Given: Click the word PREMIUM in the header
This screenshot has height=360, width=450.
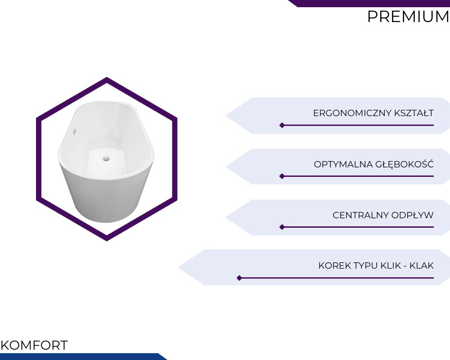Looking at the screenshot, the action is pyautogui.click(x=408, y=16).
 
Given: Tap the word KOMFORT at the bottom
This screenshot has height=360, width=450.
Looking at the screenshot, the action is pyautogui.click(x=34, y=345).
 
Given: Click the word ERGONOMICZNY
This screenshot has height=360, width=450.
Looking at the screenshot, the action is pyautogui.click(x=352, y=113).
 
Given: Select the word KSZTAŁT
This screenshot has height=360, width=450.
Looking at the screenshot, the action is pyautogui.click(x=414, y=113).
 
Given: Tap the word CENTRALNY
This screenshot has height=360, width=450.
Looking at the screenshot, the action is pyautogui.click(x=361, y=215).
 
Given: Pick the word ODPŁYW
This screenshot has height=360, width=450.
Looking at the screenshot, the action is pyautogui.click(x=412, y=215).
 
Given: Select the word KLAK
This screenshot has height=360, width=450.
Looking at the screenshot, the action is pyautogui.click(x=422, y=265).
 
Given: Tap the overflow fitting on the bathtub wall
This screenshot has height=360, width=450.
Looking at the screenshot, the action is pyautogui.click(x=75, y=131).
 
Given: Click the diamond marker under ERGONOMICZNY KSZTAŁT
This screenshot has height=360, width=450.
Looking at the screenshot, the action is pyautogui.click(x=282, y=125).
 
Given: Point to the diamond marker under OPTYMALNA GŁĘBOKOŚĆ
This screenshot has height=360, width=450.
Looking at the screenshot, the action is pyautogui.click(x=282, y=176).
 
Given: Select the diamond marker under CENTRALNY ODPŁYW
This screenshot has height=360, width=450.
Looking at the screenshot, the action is pyautogui.click(x=282, y=227).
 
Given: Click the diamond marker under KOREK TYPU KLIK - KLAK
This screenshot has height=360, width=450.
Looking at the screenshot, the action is pyautogui.click(x=239, y=278).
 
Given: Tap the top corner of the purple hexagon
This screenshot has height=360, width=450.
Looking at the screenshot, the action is pyautogui.click(x=107, y=77).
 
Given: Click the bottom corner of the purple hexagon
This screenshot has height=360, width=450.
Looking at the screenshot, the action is pyautogui.click(x=107, y=241).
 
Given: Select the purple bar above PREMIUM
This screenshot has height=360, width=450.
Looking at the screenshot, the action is pyautogui.click(x=369, y=3).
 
